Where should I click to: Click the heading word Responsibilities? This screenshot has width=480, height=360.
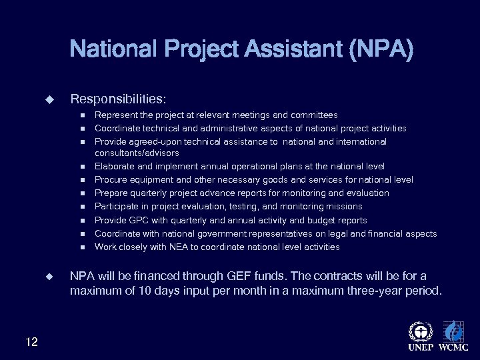pyautogui.click(x=118, y=99)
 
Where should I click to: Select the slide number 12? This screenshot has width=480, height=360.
pyautogui.click(x=31, y=342)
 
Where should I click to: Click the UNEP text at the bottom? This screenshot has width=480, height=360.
pyautogui.click(x=420, y=347)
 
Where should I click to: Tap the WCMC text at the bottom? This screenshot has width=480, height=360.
pyautogui.click(x=453, y=347)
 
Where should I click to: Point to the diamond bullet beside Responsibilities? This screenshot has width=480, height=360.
pyautogui.click(x=49, y=100)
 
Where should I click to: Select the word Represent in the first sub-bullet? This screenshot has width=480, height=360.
pyautogui.click(x=116, y=115)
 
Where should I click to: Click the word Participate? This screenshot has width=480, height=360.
pyautogui.click(x=118, y=207)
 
